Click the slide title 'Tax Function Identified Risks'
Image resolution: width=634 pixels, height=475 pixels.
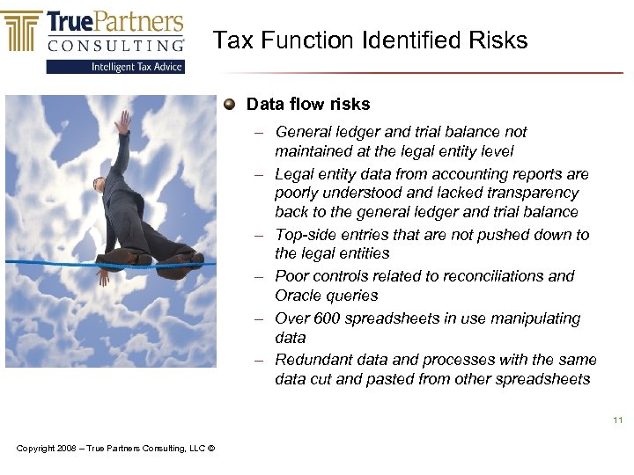tap(370, 40)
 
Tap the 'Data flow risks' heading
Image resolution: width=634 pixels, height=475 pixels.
tap(308, 105)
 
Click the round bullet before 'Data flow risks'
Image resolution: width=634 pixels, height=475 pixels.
tap(229, 105)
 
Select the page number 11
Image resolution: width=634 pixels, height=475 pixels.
tap(617, 420)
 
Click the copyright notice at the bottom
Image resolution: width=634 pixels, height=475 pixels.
tap(115, 449)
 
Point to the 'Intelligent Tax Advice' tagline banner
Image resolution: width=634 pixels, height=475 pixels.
tap(116, 66)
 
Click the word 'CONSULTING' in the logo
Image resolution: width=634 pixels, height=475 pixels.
tap(116, 44)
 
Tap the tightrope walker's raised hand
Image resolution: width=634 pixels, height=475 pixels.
tap(124, 120)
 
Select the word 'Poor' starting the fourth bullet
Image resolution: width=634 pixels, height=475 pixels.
tap(291, 275)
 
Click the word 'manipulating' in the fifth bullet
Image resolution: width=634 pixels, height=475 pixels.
tap(538, 318)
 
